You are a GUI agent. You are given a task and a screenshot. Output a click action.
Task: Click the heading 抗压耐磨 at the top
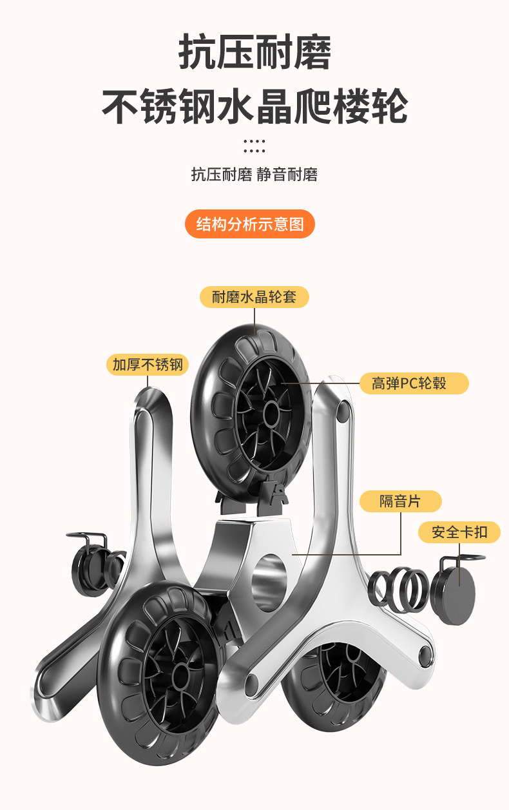254,53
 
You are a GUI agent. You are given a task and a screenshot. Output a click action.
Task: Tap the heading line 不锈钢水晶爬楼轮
254,106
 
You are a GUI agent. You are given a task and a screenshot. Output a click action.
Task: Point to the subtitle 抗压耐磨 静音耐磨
254,175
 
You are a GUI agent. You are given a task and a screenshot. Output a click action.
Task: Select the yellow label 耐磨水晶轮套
254,297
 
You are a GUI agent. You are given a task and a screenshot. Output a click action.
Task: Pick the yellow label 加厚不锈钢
148,365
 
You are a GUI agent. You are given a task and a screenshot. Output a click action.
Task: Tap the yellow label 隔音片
400,501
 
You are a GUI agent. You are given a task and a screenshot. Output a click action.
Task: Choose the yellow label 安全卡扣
459,532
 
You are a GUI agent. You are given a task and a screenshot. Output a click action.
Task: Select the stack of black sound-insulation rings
398,588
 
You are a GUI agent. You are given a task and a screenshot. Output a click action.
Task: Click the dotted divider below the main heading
254,146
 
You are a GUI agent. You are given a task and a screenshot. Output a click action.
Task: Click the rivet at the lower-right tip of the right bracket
425,657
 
